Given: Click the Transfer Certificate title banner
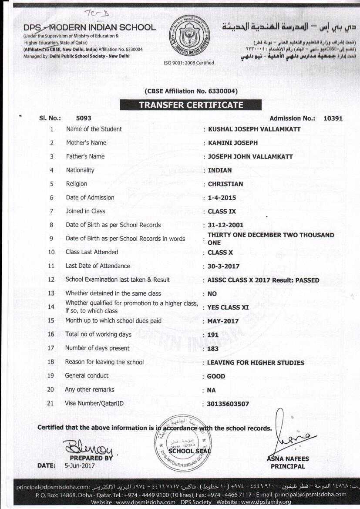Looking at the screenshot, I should point(191,105).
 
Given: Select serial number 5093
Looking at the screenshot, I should point(84,118).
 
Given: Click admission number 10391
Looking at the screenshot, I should point(333,118).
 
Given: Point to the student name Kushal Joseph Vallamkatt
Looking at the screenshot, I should point(254,129).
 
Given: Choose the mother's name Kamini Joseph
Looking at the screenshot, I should point(233,143).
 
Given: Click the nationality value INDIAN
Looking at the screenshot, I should point(220,170).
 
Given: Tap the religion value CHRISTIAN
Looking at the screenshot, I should point(225,184).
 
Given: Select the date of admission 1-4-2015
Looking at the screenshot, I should point(222,198).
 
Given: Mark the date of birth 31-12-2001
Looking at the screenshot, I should point(225,226).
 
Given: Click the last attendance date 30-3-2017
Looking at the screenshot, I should point(224,266).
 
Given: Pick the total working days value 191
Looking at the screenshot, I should point(213,335).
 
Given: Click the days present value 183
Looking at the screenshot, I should point(213,349).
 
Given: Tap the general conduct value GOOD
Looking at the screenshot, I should point(216,376).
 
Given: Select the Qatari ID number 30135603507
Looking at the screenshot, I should point(229,404).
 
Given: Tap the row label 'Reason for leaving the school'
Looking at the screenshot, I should point(104,362).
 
